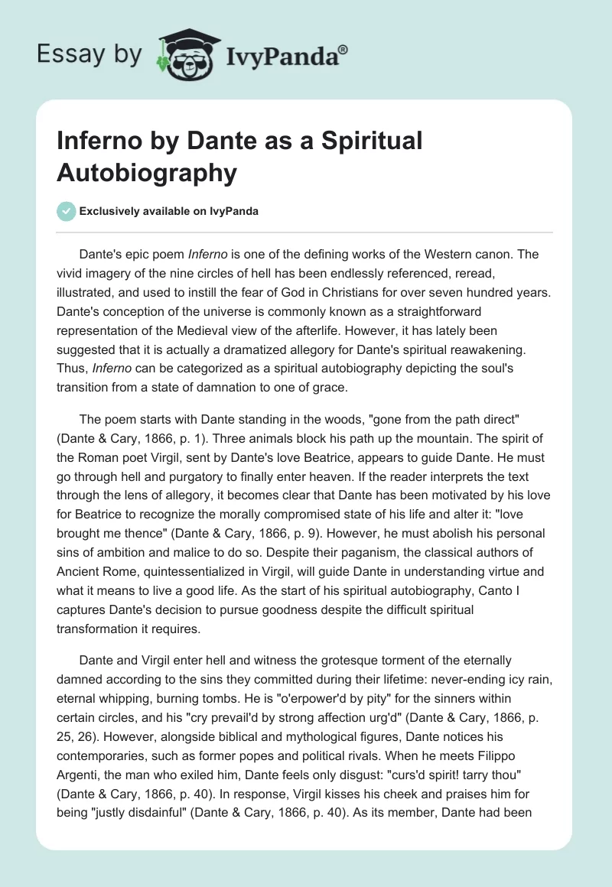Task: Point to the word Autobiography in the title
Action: [146, 173]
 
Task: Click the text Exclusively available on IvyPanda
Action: [168, 212]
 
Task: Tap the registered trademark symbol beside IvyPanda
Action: [343, 49]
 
